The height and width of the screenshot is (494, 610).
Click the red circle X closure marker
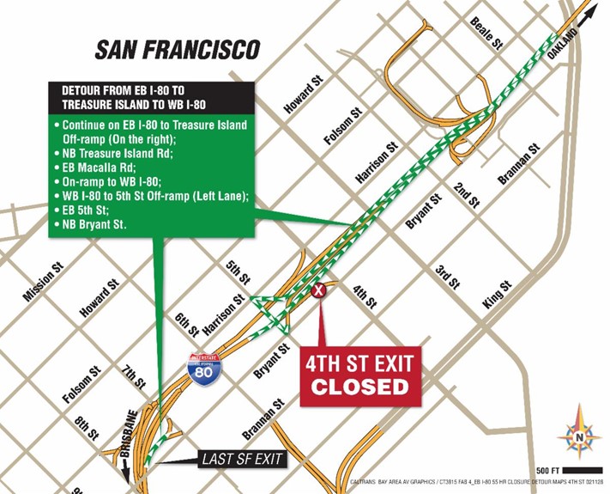(x=320, y=291)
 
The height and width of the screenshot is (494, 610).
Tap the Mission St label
(x=44, y=283)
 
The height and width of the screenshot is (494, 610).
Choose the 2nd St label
(x=467, y=195)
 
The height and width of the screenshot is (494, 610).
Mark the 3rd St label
(x=446, y=276)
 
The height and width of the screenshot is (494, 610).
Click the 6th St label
(x=187, y=324)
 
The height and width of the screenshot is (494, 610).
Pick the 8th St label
(x=87, y=427)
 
